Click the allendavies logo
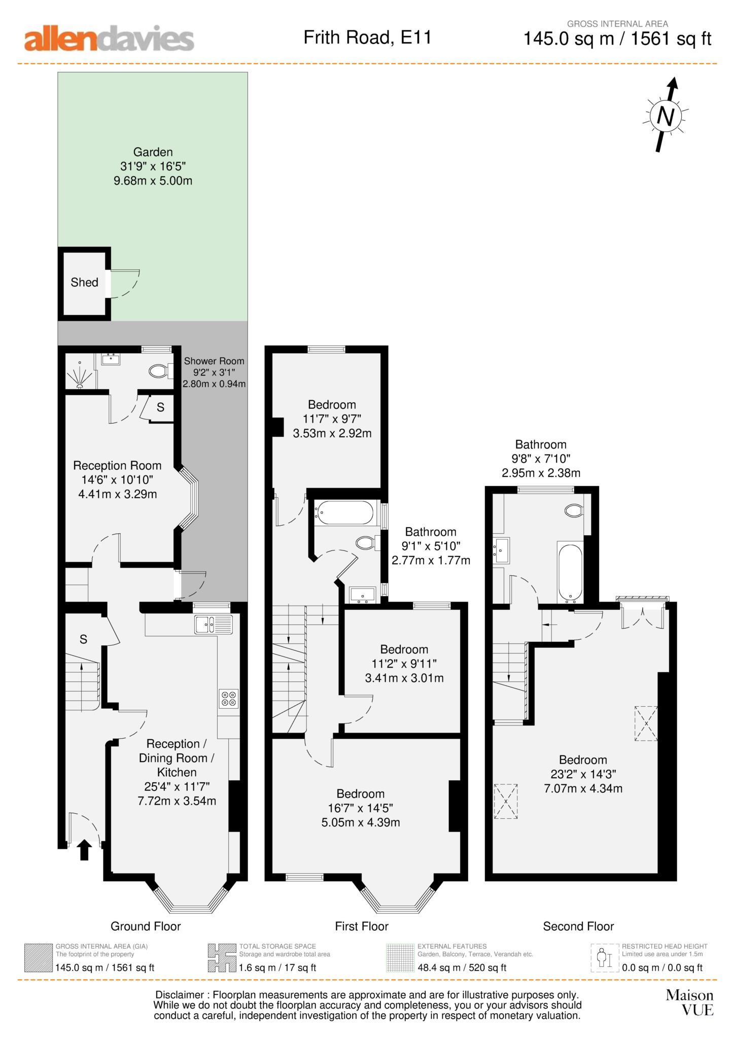[109, 39]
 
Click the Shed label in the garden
[84, 283]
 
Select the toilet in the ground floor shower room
[159, 371]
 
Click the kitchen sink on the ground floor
[214, 624]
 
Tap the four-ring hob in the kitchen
[229, 699]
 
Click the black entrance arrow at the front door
[84, 850]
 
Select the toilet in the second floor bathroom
[574, 510]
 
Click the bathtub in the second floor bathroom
[571, 573]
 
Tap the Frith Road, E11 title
[367, 38]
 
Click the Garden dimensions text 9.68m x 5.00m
[153, 181]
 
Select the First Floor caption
[361, 926]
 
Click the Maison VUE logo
[689, 1002]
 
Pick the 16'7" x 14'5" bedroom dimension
[360, 808]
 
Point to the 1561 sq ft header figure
[671, 39]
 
